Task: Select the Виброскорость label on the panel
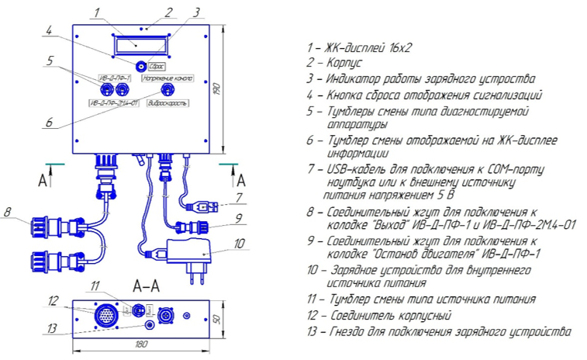pyautogui.click(x=167, y=102)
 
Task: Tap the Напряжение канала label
pyautogui.click(x=167, y=78)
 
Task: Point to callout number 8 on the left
pyautogui.click(x=7, y=210)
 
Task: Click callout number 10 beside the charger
pyautogui.click(x=239, y=243)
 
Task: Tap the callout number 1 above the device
pyautogui.click(x=95, y=12)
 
